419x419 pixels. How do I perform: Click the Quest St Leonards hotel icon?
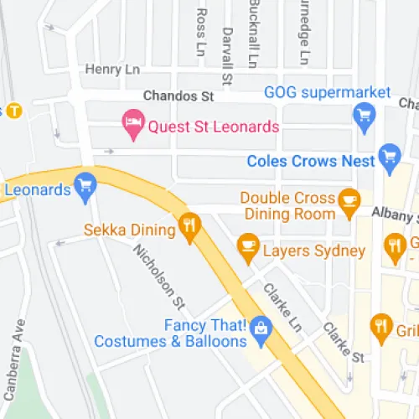coord(132,126)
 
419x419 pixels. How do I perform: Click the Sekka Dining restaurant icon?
coord(190,225)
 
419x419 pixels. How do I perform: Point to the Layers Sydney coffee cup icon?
coord(247,244)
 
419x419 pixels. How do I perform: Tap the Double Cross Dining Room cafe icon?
coord(348,199)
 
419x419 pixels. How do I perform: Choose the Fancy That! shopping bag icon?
coord(261,327)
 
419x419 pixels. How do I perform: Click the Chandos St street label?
coord(178,96)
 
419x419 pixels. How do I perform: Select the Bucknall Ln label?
coord(252,33)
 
